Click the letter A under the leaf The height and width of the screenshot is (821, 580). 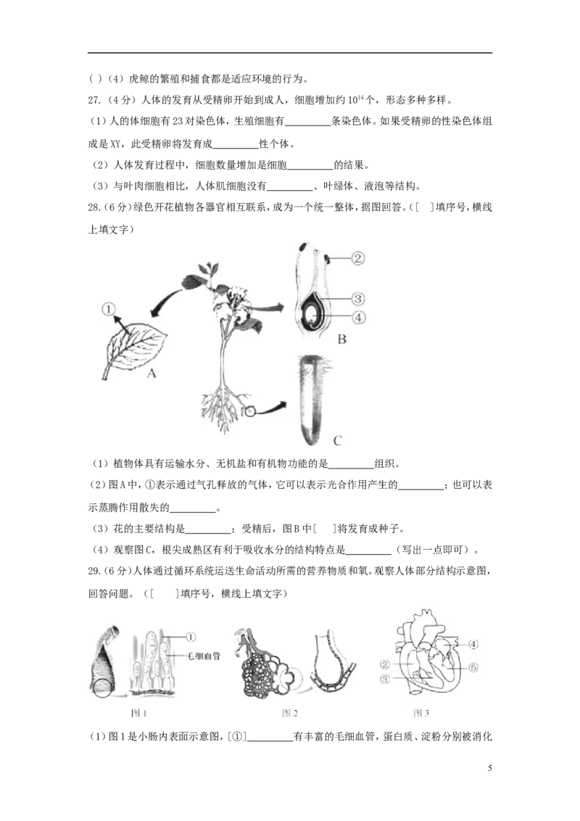152,374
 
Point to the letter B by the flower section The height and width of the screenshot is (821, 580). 342,339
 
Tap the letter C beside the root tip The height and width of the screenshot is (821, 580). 337,440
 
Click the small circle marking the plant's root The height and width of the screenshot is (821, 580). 251,411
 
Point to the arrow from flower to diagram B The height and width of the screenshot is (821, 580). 271,308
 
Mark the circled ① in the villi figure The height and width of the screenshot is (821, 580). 191,638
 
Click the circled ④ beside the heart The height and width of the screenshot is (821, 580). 472,643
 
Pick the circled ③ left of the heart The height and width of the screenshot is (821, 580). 385,679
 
